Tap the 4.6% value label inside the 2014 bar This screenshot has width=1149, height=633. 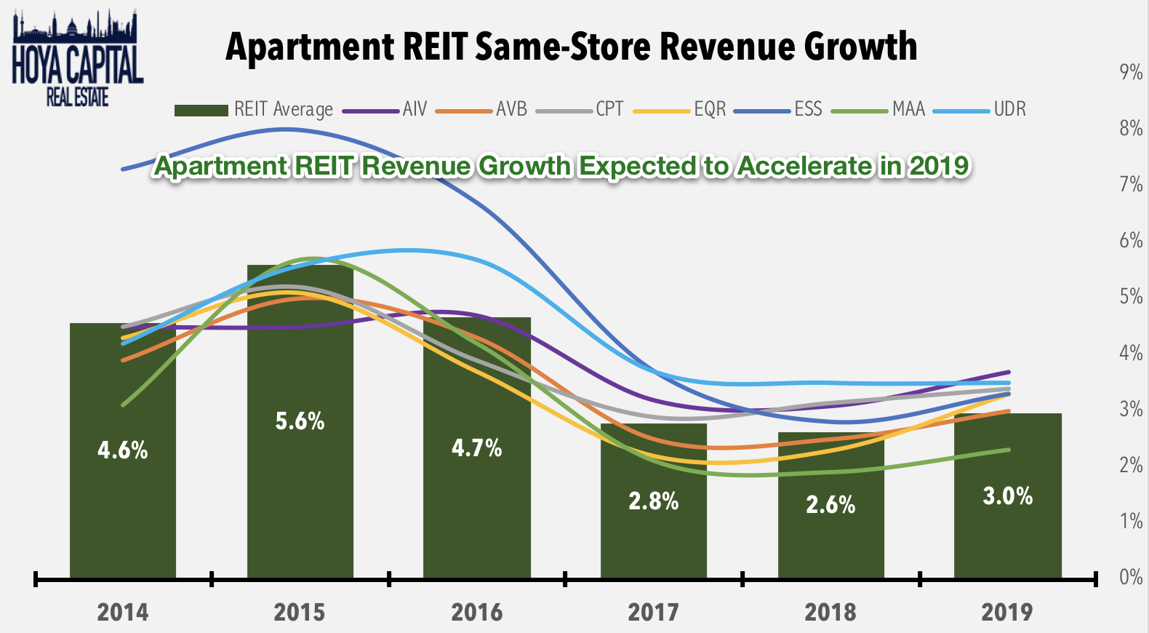(123, 450)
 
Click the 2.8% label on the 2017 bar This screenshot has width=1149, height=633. (653, 501)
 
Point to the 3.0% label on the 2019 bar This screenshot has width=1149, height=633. (1007, 496)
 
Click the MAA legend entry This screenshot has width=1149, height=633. (878, 110)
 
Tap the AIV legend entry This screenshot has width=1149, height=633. (385, 110)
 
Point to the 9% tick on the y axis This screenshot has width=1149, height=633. (1131, 72)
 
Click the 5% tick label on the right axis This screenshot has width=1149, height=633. (1131, 296)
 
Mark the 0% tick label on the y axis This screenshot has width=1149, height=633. (1131, 577)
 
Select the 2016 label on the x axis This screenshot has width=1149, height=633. (476, 612)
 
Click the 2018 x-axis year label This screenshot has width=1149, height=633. (830, 612)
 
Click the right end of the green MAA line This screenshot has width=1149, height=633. (1008, 450)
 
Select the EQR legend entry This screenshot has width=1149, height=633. (680, 110)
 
